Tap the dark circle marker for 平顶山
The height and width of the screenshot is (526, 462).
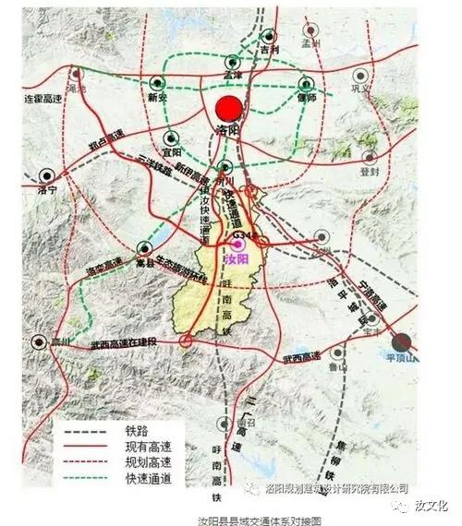coord(405,341)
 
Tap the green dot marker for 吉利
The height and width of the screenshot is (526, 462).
coord(268,34)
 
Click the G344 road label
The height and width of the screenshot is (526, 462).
coord(243,236)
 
